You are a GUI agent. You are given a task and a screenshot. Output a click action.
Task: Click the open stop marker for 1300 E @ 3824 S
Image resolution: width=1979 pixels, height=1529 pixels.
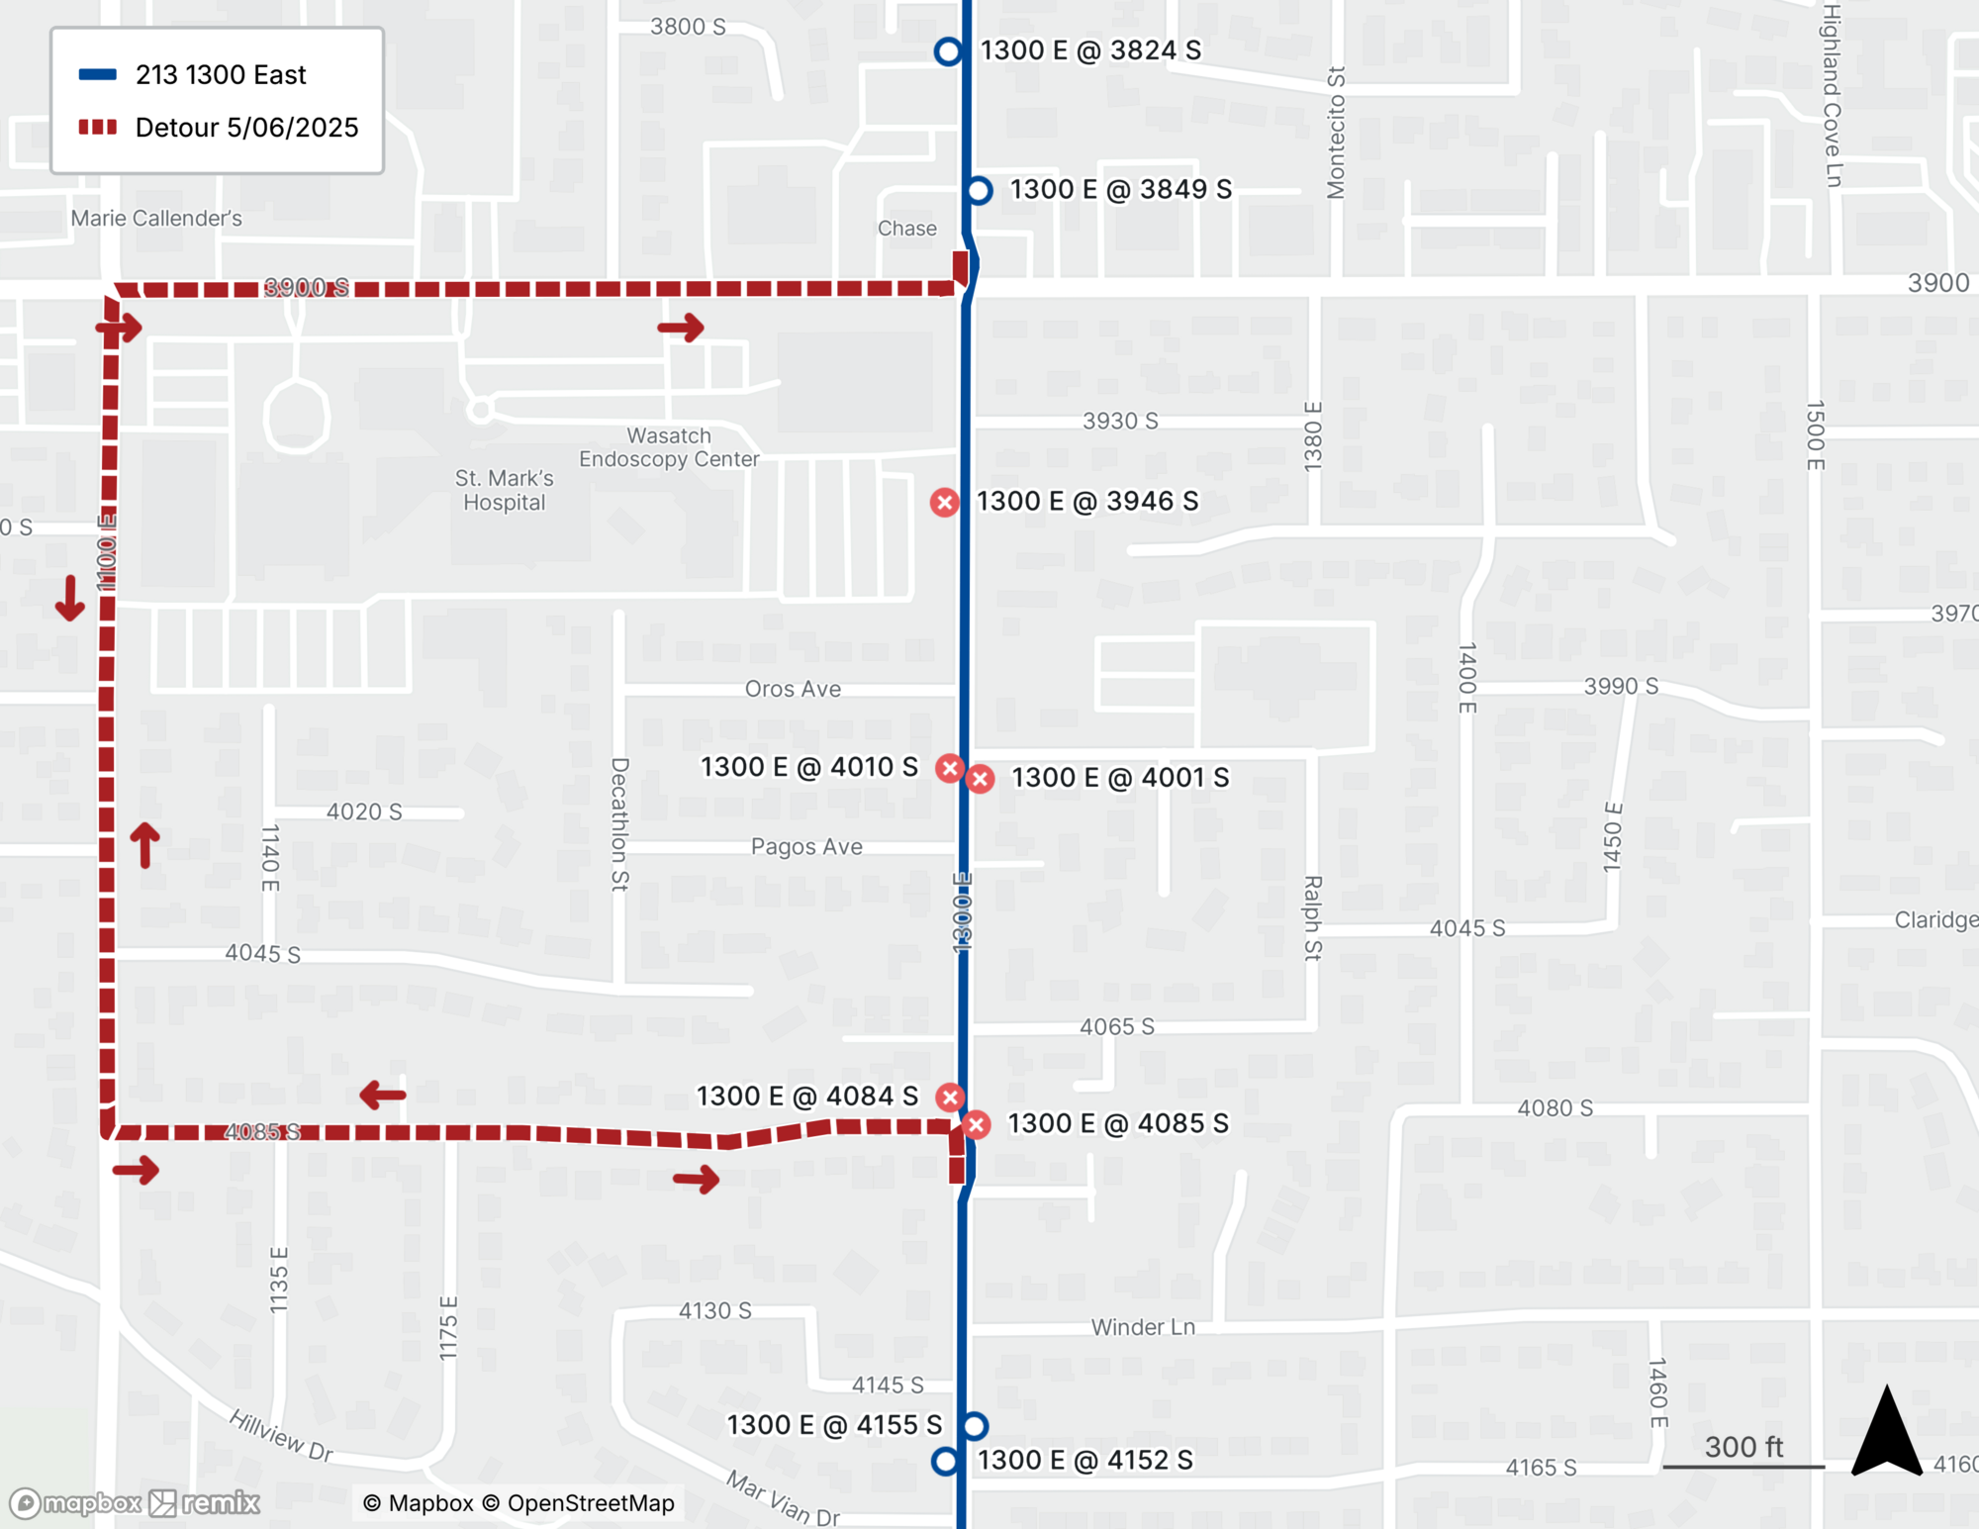pyautogui.click(x=948, y=51)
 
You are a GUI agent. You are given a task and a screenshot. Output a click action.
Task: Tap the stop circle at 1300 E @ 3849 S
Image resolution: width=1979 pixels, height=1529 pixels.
pyautogui.click(x=979, y=190)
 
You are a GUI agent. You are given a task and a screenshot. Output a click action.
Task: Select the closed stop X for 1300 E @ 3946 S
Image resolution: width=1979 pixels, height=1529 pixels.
pyautogui.click(x=945, y=503)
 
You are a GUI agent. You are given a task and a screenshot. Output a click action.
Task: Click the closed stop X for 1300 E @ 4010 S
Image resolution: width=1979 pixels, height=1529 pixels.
pyautogui.click(x=950, y=768)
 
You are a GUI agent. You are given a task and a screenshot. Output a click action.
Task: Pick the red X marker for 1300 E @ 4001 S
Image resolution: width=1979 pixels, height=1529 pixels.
pyautogui.click(x=981, y=779)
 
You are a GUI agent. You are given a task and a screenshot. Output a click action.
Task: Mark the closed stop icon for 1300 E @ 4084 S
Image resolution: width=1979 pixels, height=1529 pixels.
pyautogui.click(x=950, y=1097)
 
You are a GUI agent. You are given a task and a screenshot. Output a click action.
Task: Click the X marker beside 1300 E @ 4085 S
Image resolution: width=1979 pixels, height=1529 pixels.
pyautogui.click(x=977, y=1124)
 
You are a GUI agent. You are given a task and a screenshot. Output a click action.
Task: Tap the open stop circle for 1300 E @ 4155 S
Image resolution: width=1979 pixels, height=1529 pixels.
pyautogui.click(x=975, y=1426)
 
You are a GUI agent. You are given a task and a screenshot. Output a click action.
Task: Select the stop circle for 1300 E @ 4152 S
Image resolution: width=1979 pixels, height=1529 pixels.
pyautogui.click(x=946, y=1461)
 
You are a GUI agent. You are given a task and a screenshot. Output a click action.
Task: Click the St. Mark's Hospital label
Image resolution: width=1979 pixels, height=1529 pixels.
pyautogui.click(x=505, y=490)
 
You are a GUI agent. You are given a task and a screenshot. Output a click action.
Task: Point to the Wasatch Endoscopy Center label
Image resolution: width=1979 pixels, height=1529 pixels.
pyautogui.click(x=669, y=447)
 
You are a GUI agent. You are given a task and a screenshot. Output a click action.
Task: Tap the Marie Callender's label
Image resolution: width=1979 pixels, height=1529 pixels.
pyautogui.click(x=156, y=219)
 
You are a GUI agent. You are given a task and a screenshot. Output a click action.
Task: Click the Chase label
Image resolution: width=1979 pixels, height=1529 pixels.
pyautogui.click(x=906, y=229)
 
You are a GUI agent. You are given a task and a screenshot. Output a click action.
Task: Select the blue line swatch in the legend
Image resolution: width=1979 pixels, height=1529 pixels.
pyautogui.click(x=98, y=75)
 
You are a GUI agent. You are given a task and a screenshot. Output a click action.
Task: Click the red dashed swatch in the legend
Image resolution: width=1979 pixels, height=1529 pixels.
pyautogui.click(x=98, y=128)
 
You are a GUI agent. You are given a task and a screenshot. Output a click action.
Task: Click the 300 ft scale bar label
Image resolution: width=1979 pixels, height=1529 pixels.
pyautogui.click(x=1743, y=1447)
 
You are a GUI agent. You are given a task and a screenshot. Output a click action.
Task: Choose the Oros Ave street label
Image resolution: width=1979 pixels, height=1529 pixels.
pyautogui.click(x=793, y=689)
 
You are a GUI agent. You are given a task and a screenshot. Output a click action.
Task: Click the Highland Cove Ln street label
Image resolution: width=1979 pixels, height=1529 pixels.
pyautogui.click(x=1833, y=95)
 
